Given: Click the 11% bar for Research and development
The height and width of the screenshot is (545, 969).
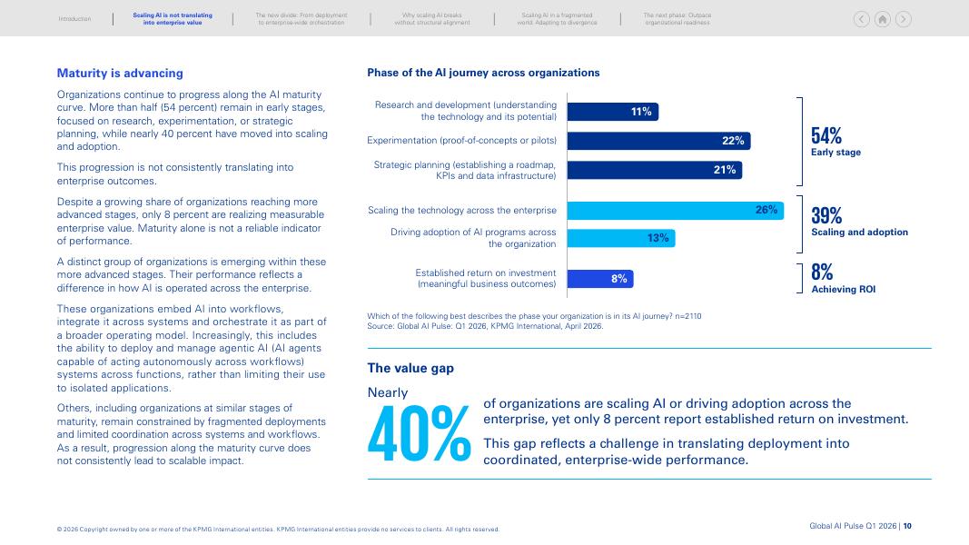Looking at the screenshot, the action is pos(612,112).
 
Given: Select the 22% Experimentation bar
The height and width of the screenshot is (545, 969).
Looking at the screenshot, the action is pos(658,141).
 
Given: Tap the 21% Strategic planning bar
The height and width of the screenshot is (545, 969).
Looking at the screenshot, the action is pos(655,170).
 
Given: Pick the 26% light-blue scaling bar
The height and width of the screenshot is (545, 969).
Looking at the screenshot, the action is pos(676,211).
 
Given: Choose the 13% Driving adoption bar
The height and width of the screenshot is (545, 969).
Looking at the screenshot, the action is pos(621,238).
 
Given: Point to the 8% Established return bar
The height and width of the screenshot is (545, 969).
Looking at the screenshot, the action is pos(600,279).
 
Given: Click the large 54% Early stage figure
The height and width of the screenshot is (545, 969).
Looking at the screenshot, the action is pos(826,135).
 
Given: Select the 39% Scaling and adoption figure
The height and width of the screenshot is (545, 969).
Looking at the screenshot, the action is pos(826,215).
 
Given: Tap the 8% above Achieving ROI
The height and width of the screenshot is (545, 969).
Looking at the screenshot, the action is pos(822,272).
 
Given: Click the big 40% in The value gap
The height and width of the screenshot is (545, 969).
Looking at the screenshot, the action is pos(419,434).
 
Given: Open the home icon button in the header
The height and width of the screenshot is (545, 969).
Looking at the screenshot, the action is pos(883,19).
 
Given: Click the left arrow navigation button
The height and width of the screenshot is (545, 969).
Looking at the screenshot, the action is pos(862,19).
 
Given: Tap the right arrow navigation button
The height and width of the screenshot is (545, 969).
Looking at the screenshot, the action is pos(904,19).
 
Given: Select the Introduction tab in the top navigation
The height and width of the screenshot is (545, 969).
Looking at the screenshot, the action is pos(74,19).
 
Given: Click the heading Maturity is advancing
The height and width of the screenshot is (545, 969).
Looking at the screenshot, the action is pos(120,73).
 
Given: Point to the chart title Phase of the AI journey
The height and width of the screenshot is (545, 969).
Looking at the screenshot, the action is pos(483,73).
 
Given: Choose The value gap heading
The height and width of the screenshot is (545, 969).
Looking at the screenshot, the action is pos(410,368).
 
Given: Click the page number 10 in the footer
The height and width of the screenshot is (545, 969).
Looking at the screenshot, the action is pos(907,526).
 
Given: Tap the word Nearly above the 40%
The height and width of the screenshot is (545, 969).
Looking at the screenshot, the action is pos(388,393).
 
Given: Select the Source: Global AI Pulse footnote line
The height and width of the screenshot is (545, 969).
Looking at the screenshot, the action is pos(485,326).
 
